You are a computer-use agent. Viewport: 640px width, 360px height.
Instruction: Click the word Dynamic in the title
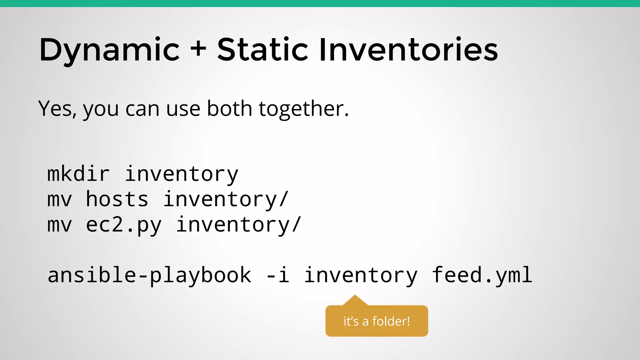pyautogui.click(x=109, y=50)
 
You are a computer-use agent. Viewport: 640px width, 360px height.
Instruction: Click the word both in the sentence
pyautogui.click(x=229, y=109)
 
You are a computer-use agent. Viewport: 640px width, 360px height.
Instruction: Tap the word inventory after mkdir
pyautogui.click(x=181, y=174)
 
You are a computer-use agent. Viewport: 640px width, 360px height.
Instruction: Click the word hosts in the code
pyautogui.click(x=117, y=199)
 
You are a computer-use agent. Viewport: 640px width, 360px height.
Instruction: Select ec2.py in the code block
pyautogui.click(x=123, y=225)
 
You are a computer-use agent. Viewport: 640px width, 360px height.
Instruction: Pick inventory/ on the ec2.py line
pyautogui.click(x=238, y=225)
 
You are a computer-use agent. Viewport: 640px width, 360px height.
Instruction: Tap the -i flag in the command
pyautogui.click(x=277, y=275)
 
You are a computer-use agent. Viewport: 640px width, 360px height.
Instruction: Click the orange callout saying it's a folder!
pyautogui.click(x=377, y=321)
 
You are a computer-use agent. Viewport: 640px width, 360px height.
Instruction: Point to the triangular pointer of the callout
pyautogui.click(x=355, y=301)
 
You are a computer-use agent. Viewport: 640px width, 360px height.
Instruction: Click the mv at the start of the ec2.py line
pyautogui.click(x=59, y=225)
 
